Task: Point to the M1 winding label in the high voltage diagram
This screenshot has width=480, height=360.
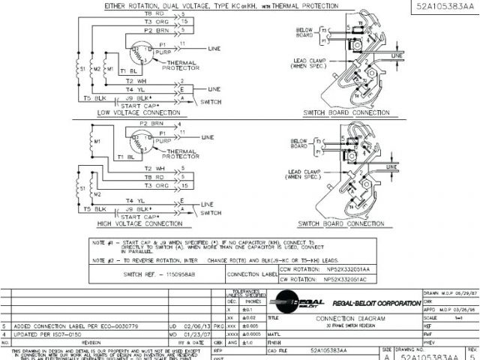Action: coord(97,141)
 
